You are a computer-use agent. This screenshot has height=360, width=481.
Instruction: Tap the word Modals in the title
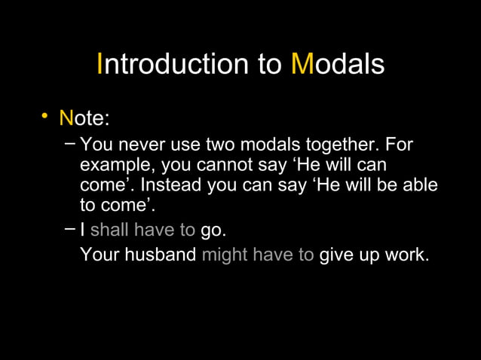click(338, 64)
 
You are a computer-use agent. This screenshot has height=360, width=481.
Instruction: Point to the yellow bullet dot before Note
click(46, 116)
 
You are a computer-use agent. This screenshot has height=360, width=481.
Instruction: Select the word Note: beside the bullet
click(85, 118)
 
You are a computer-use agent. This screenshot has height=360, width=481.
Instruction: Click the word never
click(139, 144)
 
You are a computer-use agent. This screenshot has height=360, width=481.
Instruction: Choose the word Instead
click(170, 185)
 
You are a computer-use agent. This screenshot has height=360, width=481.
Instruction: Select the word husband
click(159, 255)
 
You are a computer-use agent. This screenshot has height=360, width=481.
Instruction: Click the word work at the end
click(408, 255)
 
